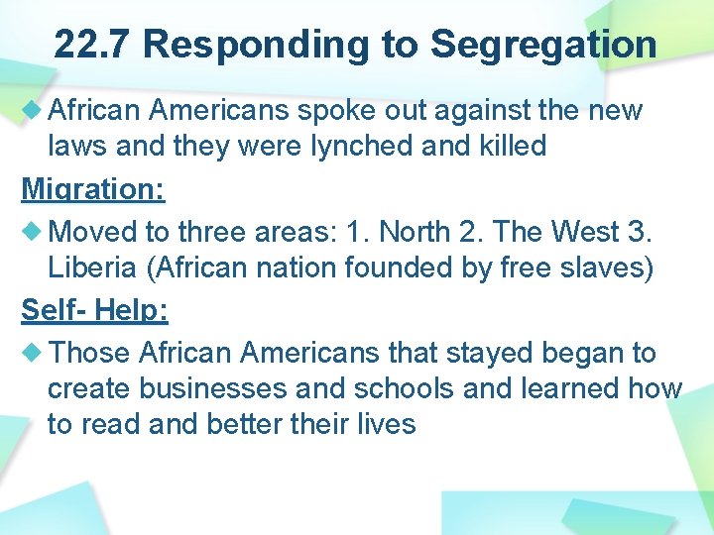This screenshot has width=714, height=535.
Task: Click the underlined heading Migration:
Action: [x=93, y=188]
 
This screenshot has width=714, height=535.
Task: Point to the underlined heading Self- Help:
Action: [x=95, y=310]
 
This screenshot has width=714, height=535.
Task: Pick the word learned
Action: [x=575, y=389]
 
